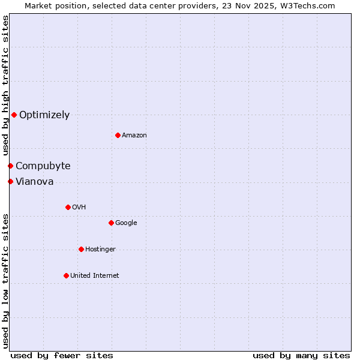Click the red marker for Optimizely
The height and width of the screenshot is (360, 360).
point(14,115)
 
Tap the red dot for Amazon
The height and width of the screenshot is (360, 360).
point(118,135)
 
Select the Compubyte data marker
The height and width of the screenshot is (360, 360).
point(10,166)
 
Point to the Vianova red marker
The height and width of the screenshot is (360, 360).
point(10,181)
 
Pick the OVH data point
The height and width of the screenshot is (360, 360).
point(68,207)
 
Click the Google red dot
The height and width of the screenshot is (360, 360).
point(111,223)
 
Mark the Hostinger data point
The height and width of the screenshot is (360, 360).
point(81,249)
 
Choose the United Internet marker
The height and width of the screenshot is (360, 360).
point(66,275)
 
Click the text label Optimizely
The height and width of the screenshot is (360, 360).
point(44,115)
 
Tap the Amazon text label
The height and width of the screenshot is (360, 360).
point(134,136)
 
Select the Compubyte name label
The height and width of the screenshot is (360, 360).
point(43,166)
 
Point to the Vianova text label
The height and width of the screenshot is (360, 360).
point(35,182)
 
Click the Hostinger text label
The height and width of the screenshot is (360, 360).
point(100,250)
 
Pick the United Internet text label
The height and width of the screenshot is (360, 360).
point(95,276)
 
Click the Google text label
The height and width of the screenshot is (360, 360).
point(126,223)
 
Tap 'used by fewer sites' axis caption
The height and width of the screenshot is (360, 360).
point(62,355)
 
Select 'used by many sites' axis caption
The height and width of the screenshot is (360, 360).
point(301,355)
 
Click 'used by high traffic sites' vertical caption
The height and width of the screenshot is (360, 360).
point(5,86)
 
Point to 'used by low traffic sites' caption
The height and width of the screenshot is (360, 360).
point(5,281)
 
